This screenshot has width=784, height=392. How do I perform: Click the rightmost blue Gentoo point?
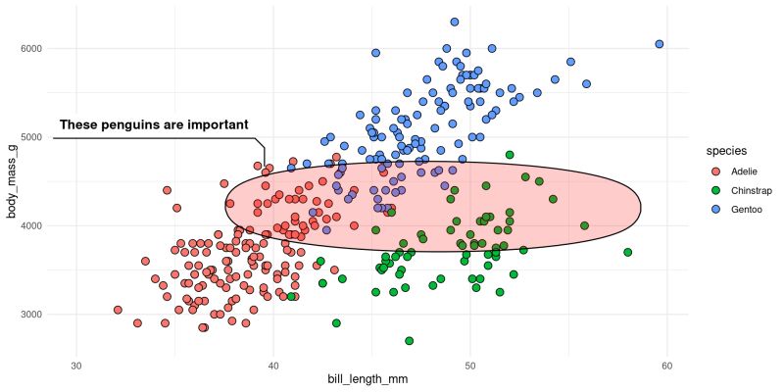pyautogui.click(x=660, y=44)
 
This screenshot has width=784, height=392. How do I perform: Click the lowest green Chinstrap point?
pyautogui.click(x=410, y=341)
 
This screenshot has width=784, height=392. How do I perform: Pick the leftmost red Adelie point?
pyautogui.click(x=118, y=310)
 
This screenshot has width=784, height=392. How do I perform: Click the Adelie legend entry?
pyautogui.click(x=730, y=171)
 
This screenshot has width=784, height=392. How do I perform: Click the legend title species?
pyautogui.click(x=728, y=151)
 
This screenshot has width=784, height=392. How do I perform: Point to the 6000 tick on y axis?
pyautogui.click(x=42, y=48)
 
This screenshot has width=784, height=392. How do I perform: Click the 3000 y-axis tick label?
pyautogui.click(x=42, y=315)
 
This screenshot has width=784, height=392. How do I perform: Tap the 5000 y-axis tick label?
pyautogui.click(x=42, y=137)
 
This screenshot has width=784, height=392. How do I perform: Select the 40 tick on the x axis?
pyautogui.click(x=273, y=367)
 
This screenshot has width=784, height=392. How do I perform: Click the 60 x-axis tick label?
pyautogui.click(x=666, y=367)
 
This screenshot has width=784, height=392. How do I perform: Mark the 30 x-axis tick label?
pyautogui.click(x=76, y=367)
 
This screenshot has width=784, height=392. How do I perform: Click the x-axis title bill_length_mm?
pyautogui.click(x=370, y=379)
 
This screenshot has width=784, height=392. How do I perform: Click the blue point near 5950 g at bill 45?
pyautogui.click(x=375, y=53)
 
